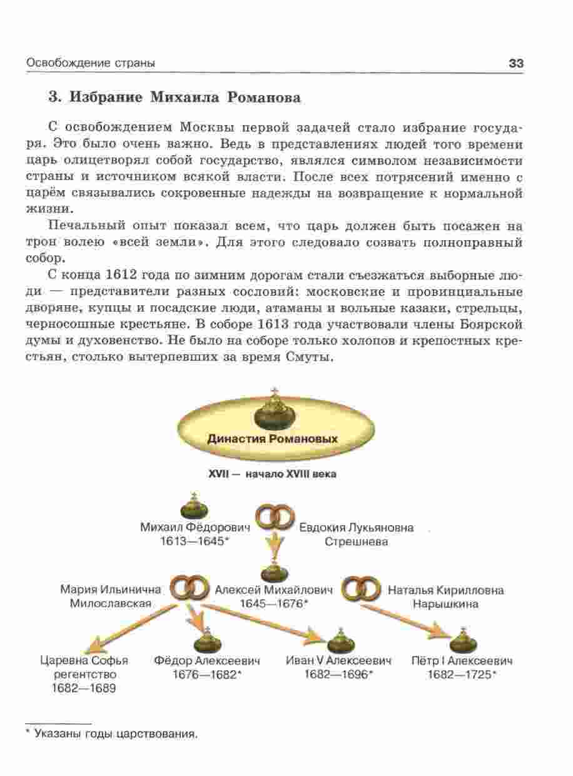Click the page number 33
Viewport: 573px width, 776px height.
(x=515, y=63)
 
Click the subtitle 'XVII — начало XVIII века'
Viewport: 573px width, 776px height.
(x=271, y=475)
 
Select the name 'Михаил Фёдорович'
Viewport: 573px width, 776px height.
(x=195, y=528)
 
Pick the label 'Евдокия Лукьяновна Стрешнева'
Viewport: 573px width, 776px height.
(x=356, y=535)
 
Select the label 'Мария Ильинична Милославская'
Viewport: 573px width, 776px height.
(x=111, y=597)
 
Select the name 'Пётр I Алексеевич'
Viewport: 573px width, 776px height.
(x=462, y=661)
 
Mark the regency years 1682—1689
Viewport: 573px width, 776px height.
(x=84, y=688)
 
